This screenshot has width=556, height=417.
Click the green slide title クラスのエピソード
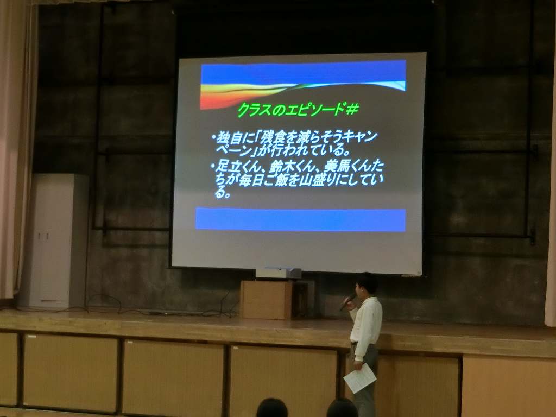[x=291, y=110]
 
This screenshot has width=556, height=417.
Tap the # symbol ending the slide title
[x=352, y=109]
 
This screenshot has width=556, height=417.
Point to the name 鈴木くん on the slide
[x=294, y=167]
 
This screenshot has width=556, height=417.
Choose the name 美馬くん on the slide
[x=347, y=166]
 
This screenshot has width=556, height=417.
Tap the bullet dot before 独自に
[x=213, y=137]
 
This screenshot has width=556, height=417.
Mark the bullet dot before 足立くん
[x=213, y=166]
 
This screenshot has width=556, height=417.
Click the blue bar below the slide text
[x=301, y=220]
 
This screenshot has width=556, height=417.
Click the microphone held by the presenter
[x=347, y=302]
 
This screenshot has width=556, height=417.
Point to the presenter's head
[x=366, y=285]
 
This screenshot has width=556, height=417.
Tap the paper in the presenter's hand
[x=359, y=378]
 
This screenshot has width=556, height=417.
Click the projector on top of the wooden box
[x=279, y=273]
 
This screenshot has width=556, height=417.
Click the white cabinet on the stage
[x=53, y=241]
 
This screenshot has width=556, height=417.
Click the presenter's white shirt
[x=367, y=326]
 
